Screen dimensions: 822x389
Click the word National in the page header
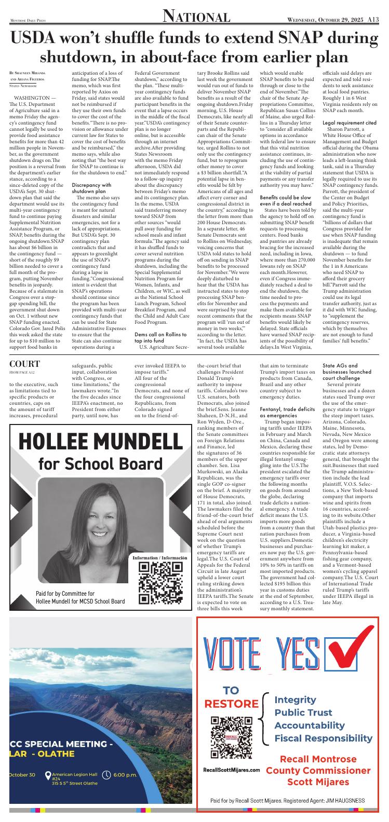pyautogui.click(x=196, y=17)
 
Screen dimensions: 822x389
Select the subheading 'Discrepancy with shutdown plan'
pyautogui.click(x=92, y=188)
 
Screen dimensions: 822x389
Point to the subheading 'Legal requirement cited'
pyautogui.click(x=349, y=122)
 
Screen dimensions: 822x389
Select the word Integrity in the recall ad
pyautogui.click(x=295, y=699)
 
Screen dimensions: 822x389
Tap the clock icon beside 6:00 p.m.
pyautogui.click(x=107, y=775)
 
